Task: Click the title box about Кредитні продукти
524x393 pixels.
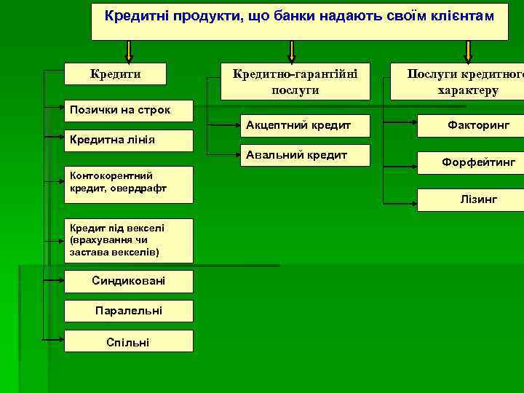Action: tap(299, 20)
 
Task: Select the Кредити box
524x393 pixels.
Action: tap(115, 74)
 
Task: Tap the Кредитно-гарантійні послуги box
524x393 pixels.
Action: tap(295, 81)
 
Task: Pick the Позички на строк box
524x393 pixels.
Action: tap(129, 111)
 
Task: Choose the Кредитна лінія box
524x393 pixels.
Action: tap(129, 140)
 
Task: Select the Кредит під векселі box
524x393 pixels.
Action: tap(129, 239)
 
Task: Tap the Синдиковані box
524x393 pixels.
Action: tap(129, 282)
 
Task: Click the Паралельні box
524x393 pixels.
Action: tap(129, 311)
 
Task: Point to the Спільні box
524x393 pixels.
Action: tap(129, 341)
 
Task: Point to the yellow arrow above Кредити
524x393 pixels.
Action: tap(129, 51)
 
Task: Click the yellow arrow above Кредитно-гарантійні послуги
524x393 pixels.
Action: tap(292, 51)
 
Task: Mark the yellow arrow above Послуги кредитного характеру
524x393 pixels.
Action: tap(468, 51)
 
